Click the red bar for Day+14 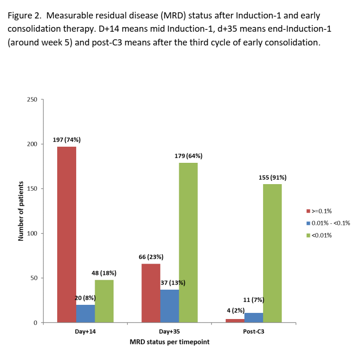coord(66,234)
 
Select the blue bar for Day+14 coord(85,314)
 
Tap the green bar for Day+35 coord(188,242)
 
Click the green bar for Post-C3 coord(272,253)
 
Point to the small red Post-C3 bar coord(235,321)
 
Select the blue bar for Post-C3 coord(254,318)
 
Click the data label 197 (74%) coord(66,140)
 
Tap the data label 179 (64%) coord(188,156)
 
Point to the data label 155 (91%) coord(272,178)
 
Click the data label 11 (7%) coord(254,300)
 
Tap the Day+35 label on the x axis coord(169,332)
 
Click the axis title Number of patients coord(21,211)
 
